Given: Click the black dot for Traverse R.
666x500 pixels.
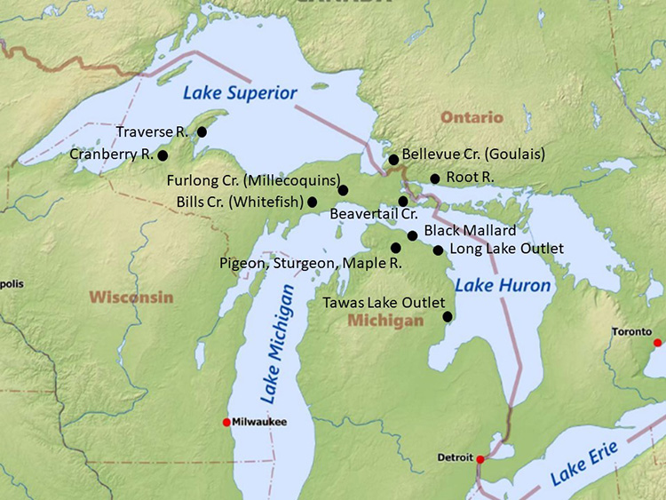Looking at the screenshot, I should click(202, 131).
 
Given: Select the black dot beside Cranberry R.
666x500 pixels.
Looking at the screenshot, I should click(163, 155).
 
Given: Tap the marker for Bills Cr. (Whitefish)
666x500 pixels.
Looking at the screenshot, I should click(312, 202).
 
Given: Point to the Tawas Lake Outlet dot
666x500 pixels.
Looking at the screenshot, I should click(448, 316).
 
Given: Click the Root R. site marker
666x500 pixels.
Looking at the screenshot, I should click(435, 179).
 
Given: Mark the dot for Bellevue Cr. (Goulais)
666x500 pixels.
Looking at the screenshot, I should click(393, 160).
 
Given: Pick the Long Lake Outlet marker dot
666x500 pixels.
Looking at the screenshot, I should click(438, 250).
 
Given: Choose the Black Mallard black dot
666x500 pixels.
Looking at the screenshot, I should click(412, 235).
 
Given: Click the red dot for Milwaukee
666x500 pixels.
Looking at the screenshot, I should click(227, 422).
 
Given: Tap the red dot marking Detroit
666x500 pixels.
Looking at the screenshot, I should click(480, 459).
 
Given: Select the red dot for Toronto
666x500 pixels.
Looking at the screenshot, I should click(657, 343).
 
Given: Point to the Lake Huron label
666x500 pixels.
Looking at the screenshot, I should click(503, 286).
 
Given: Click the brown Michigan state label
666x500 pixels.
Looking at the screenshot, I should click(385, 321).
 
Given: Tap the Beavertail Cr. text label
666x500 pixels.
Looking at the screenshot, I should click(373, 214).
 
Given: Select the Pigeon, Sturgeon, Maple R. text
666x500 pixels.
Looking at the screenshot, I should click(311, 264).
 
